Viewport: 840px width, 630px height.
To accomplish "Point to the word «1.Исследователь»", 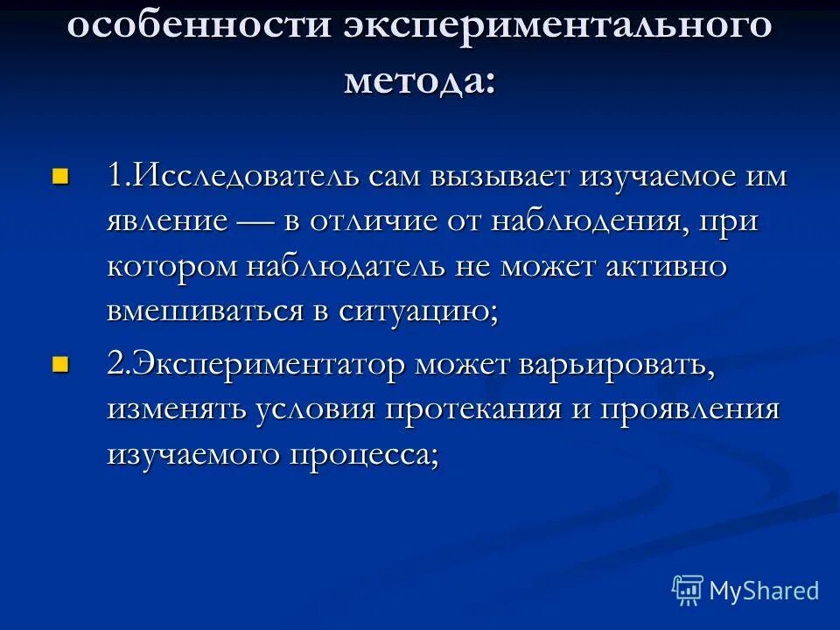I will pos(224,175).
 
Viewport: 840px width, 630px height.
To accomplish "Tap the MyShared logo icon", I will pos(687,590).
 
